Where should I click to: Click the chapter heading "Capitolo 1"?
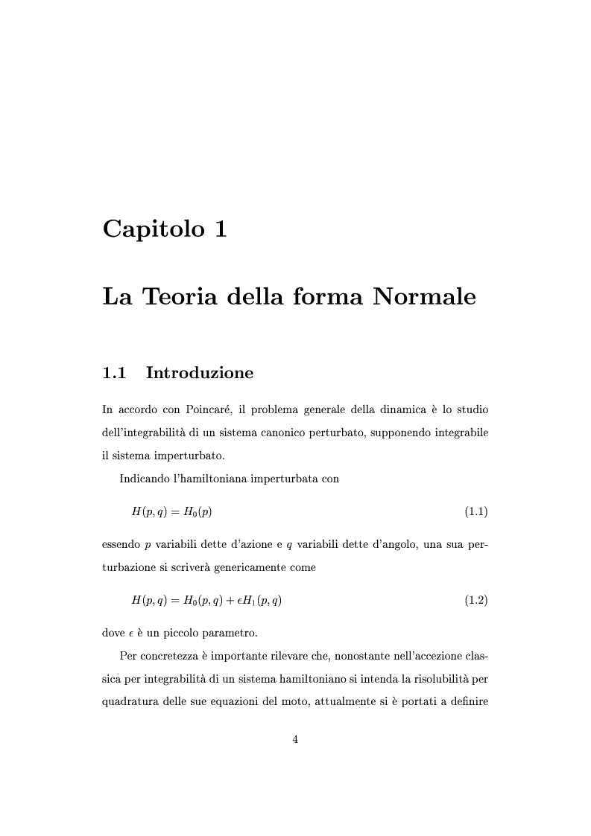click(165, 229)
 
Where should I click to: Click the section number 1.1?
click(114, 373)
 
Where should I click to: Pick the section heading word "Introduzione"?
click(200, 373)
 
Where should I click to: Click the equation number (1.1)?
click(475, 511)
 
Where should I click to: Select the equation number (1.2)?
click(475, 600)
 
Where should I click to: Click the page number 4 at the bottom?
click(295, 739)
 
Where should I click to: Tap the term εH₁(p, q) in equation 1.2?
click(257, 600)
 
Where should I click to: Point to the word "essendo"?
click(121, 544)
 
